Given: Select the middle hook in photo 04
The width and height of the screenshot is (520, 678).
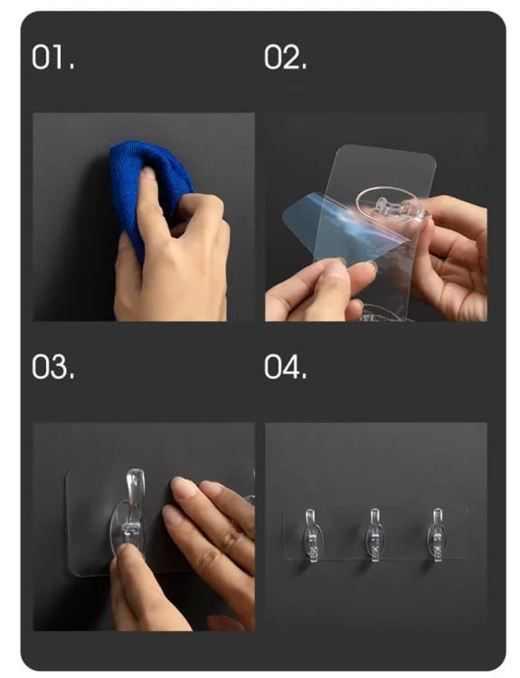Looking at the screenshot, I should [x=374, y=534].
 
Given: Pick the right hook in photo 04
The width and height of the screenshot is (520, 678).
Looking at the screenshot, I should [x=437, y=534].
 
